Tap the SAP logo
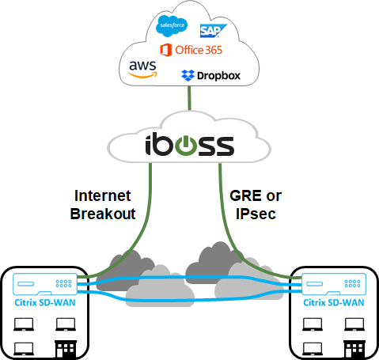point(211,30)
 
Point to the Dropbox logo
point(210,76)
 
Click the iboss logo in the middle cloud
point(189,146)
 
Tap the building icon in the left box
point(64,346)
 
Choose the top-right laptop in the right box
point(354,323)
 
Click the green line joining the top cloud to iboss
point(189,98)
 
